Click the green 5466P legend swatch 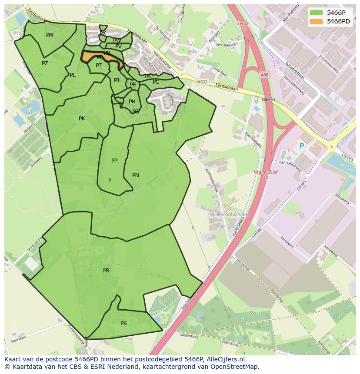point(316,12)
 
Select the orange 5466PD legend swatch point(316,21)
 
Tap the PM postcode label point(50,35)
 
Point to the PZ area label point(45,63)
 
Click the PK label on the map point(82,119)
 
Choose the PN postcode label point(136,175)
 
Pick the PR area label point(106,271)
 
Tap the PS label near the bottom point(123,324)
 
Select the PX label point(103,33)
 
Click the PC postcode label point(156,82)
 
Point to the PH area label point(132,102)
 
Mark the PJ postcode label point(117,80)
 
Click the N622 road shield point(202,82)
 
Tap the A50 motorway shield point(265,75)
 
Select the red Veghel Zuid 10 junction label point(266,175)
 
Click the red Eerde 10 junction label point(243,26)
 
